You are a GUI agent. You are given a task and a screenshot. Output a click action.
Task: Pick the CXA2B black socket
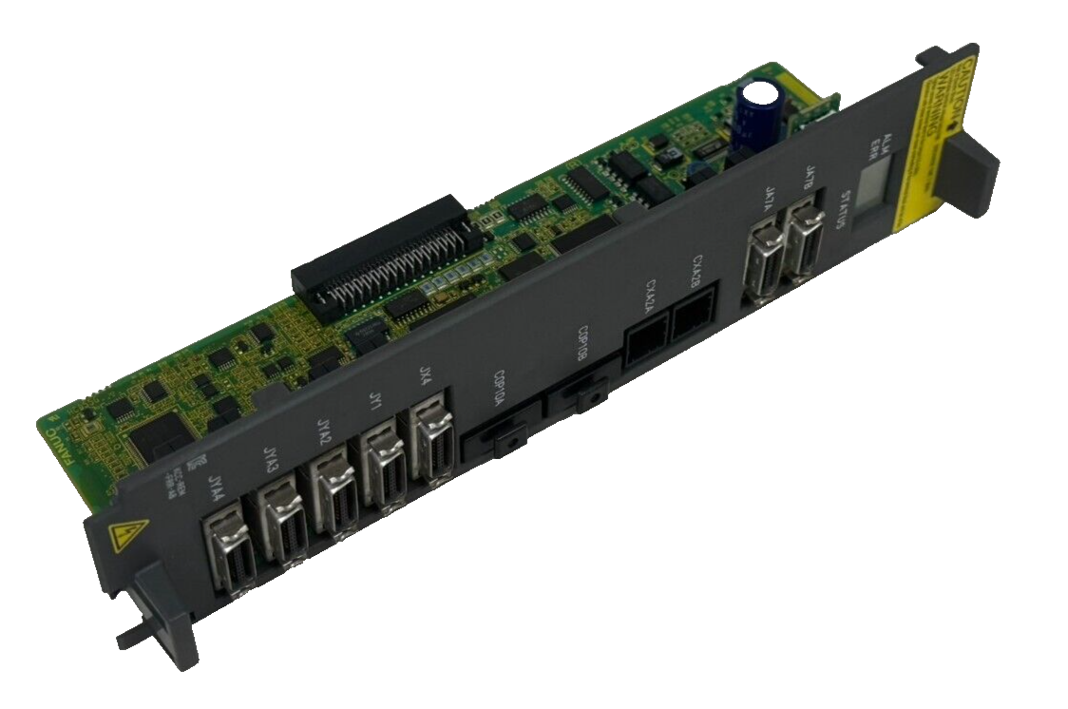693,321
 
